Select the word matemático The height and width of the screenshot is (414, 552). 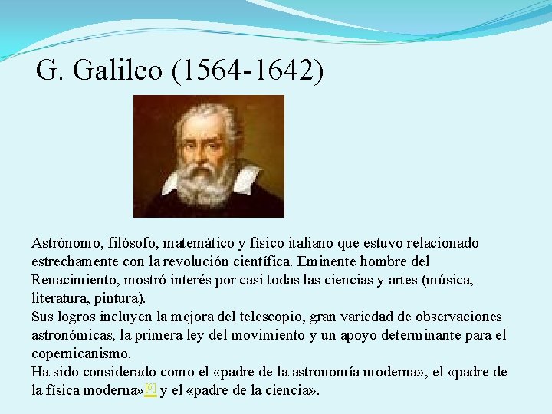pos(192,243)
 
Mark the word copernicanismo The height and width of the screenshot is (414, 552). pos(80,353)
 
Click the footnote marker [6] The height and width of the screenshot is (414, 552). pos(150,389)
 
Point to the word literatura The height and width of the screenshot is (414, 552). pos(59,298)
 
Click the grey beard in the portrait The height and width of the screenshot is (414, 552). pos(205,182)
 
